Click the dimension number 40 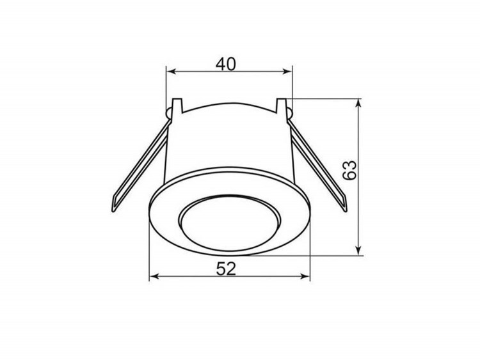coord(226,64)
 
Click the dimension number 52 coord(226,269)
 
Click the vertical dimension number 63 coord(349,170)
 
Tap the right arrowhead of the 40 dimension coord(287,72)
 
